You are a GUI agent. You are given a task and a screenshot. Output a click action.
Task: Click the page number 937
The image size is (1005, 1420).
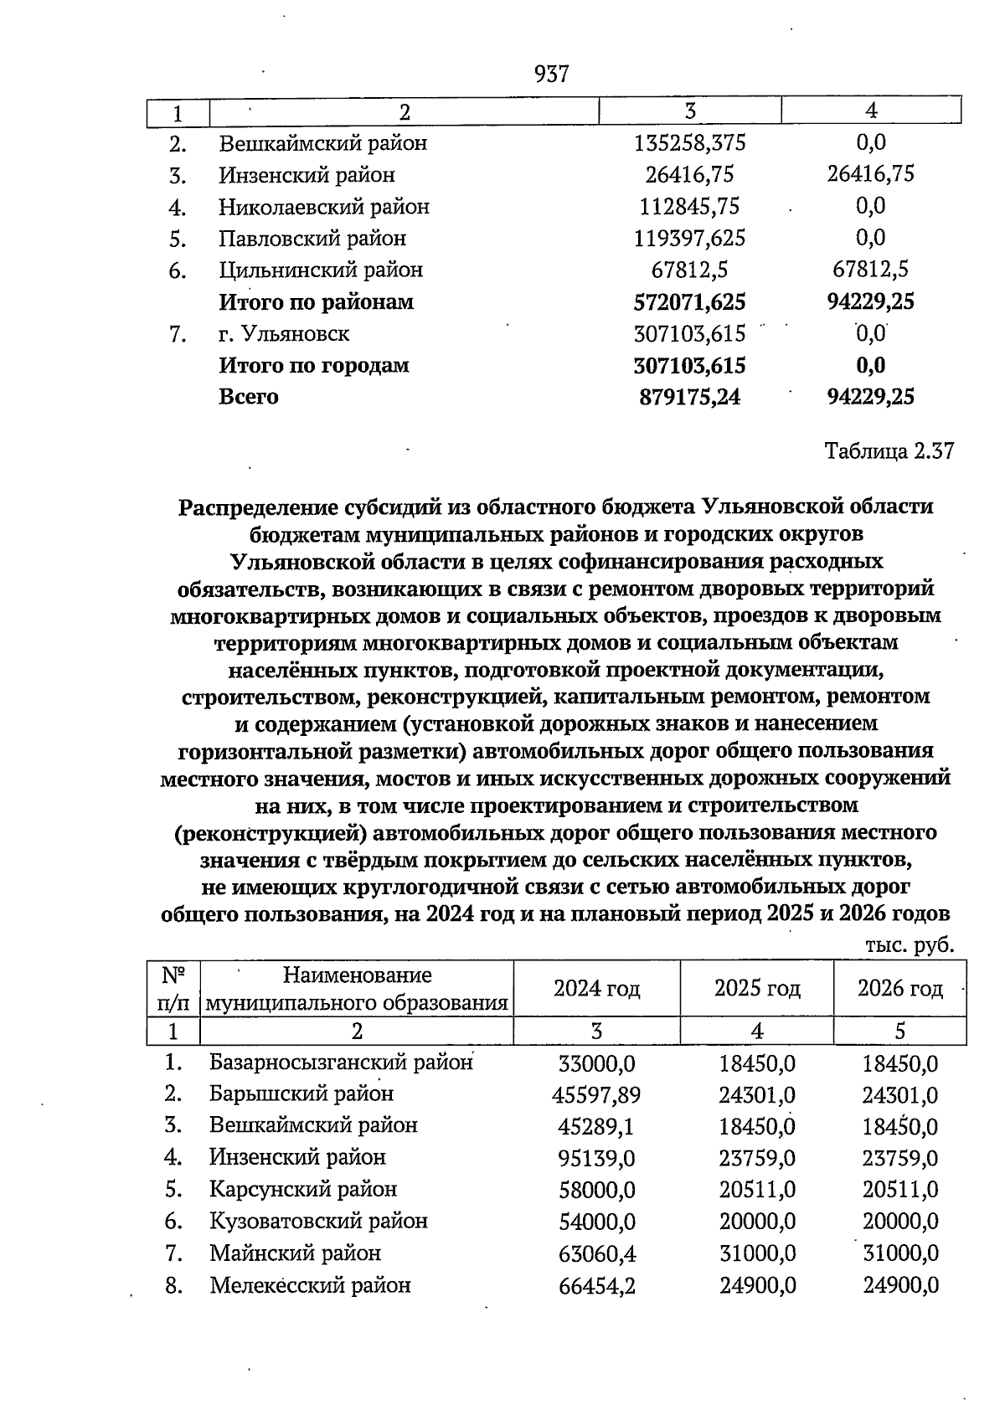pos(551,75)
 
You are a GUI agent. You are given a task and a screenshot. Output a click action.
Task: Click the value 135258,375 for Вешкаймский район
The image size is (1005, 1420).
pos(689,143)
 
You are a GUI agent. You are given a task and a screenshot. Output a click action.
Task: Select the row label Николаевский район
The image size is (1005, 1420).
pos(324,207)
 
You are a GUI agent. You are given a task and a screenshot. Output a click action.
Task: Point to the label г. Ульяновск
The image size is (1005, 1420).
pos(285,334)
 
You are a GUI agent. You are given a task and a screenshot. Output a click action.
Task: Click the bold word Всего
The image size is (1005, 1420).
pos(249,397)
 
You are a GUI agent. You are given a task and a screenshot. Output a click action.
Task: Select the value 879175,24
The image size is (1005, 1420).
pos(689,397)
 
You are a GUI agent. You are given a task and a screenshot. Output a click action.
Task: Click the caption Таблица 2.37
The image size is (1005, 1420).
pos(889,451)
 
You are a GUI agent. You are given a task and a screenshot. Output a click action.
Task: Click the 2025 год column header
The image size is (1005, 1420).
pos(757,989)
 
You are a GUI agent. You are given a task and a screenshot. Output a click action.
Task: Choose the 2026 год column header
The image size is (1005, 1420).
pos(899,989)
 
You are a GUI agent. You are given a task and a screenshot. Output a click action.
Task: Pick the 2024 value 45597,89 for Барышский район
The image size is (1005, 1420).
pos(596,1095)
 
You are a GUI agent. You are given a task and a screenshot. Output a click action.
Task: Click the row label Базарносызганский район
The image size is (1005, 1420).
pos(342,1063)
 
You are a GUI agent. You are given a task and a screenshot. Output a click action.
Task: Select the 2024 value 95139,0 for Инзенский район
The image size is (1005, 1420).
pos(596,1159)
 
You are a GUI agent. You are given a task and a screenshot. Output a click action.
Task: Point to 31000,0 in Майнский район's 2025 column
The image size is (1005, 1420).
pos(757,1253)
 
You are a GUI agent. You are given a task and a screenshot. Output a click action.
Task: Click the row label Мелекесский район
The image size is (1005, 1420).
pos(310,1285)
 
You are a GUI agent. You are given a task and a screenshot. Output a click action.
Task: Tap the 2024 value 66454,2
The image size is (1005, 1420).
pos(596,1285)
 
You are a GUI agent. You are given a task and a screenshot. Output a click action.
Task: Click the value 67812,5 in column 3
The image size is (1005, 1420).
pos(689,270)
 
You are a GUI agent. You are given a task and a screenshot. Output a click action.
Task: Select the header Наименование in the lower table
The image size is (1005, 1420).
pos(357,975)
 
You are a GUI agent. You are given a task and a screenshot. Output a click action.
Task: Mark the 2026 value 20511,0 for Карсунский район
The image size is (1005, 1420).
pos(900,1190)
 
